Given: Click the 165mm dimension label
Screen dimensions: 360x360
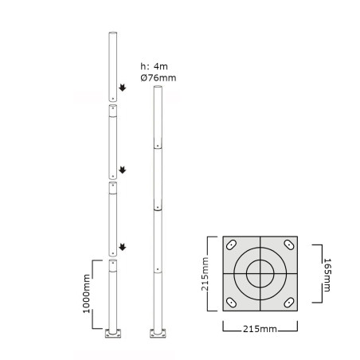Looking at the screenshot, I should point(327,273).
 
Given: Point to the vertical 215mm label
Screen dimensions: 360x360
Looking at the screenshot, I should point(205,273).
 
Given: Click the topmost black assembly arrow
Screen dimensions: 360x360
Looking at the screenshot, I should point(123,88).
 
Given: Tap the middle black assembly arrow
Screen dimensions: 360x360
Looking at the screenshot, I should point(123,169).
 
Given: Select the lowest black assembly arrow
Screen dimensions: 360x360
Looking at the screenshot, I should point(123,248).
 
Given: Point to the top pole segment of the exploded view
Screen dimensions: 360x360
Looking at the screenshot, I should point(113,64).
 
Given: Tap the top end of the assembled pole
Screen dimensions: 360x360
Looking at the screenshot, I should point(158,88).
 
